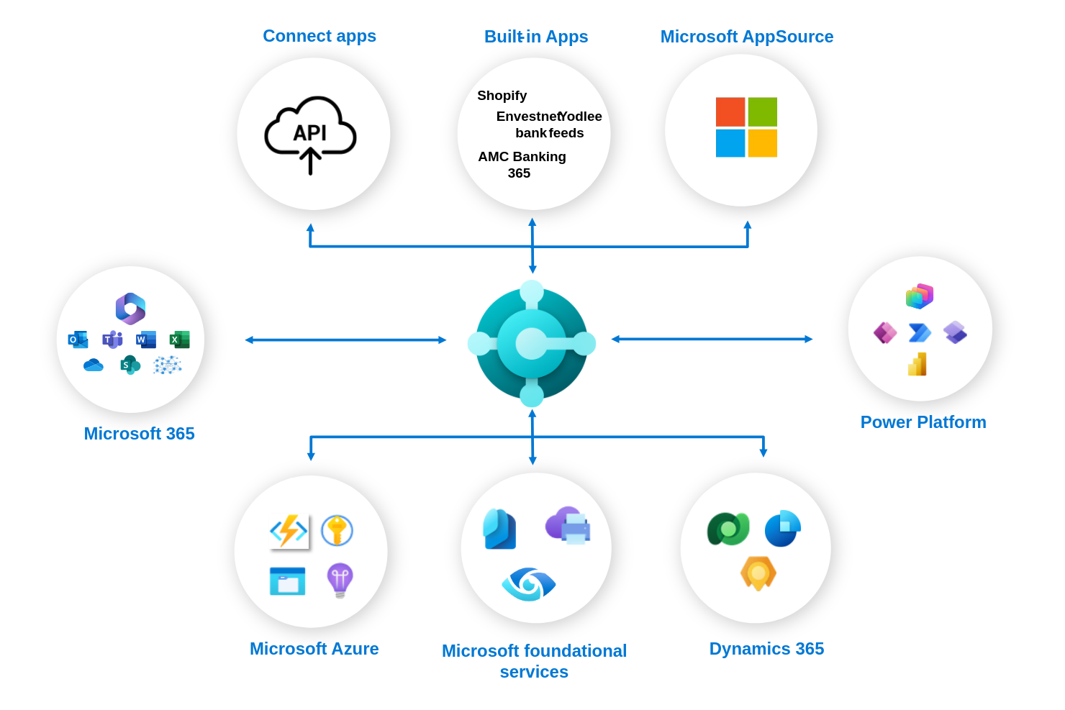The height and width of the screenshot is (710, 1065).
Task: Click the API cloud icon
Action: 310,134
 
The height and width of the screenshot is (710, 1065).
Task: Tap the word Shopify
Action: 502,96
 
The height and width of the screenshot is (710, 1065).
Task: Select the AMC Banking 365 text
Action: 521,165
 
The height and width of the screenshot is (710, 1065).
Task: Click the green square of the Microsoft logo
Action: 762,112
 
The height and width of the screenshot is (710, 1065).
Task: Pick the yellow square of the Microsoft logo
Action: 762,143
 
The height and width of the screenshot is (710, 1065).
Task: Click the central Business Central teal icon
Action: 532,343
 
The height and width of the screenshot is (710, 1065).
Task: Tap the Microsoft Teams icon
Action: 112,340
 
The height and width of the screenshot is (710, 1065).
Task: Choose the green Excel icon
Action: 179,340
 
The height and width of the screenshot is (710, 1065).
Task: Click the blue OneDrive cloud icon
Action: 94,365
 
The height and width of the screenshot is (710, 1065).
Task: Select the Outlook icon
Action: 78,340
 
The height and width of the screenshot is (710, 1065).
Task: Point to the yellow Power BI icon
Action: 917,365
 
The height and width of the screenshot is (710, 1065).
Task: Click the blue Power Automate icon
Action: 920,332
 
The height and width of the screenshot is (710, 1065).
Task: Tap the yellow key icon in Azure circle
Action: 337,531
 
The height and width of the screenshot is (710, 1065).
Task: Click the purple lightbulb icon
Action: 340,580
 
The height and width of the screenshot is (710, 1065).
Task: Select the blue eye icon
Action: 529,584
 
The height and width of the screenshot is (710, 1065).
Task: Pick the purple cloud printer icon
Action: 568,525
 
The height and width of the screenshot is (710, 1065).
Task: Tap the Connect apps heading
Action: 319,36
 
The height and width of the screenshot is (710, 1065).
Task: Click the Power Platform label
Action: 923,422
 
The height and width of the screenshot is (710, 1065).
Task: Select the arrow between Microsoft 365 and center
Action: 345,340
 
